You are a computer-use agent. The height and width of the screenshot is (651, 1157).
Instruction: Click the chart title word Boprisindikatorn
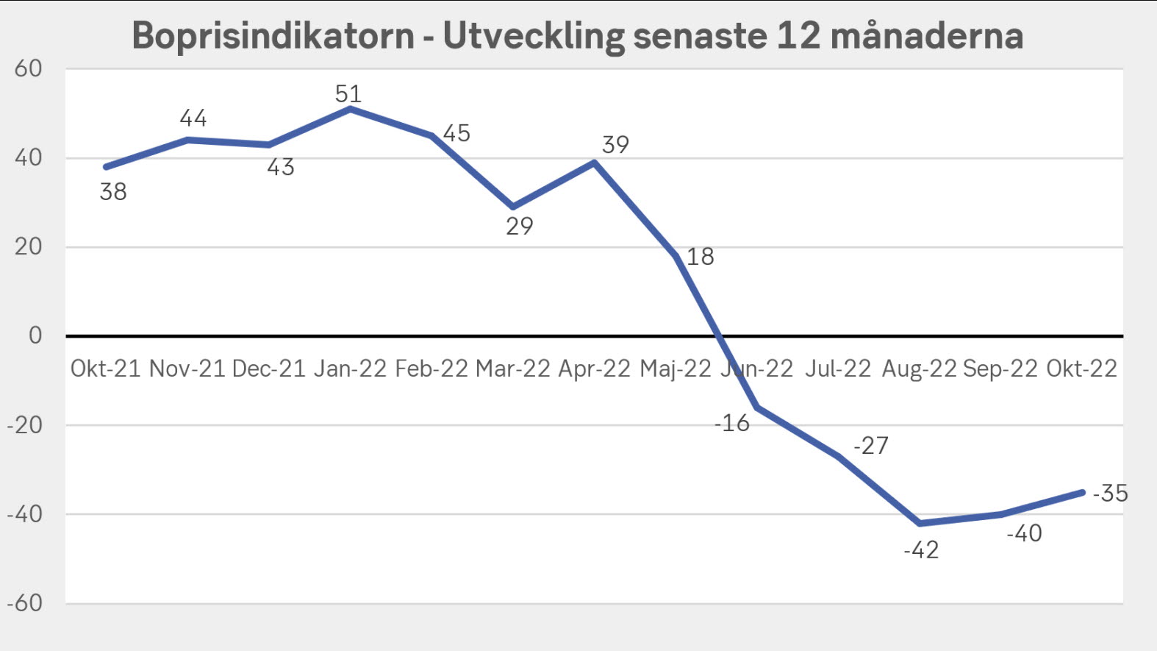pyautogui.click(x=273, y=35)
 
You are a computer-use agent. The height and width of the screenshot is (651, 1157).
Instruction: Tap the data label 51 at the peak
pyautogui.click(x=348, y=94)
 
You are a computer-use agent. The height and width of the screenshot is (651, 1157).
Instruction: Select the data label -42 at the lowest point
pyautogui.click(x=921, y=550)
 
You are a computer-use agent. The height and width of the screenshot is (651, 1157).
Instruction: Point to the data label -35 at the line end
pyautogui.click(x=1110, y=493)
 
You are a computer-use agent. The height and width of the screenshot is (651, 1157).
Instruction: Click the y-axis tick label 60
pyautogui.click(x=29, y=69)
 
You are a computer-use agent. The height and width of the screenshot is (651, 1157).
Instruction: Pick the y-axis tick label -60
pyautogui.click(x=25, y=603)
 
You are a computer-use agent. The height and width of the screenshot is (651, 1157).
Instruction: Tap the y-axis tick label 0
pyautogui.click(x=35, y=335)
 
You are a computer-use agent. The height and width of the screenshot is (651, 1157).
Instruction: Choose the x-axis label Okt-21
pyautogui.click(x=105, y=369)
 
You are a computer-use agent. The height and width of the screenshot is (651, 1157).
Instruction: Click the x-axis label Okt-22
pyautogui.click(x=1081, y=369)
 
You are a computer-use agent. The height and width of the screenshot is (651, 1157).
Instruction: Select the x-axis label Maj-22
pyautogui.click(x=676, y=369)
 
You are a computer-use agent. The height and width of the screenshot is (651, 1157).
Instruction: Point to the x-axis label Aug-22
pyautogui.click(x=919, y=369)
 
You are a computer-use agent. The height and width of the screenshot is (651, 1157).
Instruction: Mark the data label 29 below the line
pyautogui.click(x=519, y=227)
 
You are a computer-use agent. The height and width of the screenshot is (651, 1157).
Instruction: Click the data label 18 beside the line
pyautogui.click(x=700, y=257)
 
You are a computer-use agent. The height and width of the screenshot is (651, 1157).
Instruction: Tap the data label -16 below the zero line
pyautogui.click(x=732, y=423)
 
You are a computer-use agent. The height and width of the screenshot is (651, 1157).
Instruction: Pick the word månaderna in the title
pyautogui.click(x=927, y=35)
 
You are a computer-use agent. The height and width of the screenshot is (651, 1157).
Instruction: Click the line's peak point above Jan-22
pyautogui.click(x=350, y=109)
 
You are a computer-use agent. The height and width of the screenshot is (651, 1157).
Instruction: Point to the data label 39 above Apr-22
pyautogui.click(x=615, y=145)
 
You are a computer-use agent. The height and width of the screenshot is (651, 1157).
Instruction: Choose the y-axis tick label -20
pyautogui.click(x=25, y=425)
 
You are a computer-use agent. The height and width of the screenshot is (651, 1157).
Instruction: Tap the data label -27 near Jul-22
pyautogui.click(x=871, y=446)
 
